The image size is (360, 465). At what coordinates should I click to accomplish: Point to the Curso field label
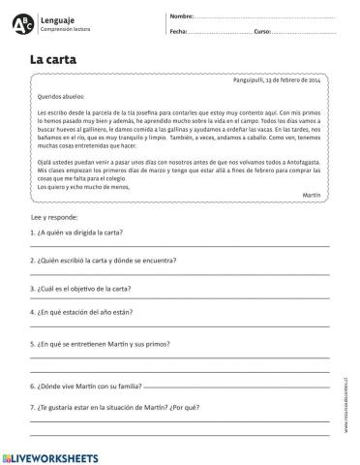(x=263, y=32)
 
